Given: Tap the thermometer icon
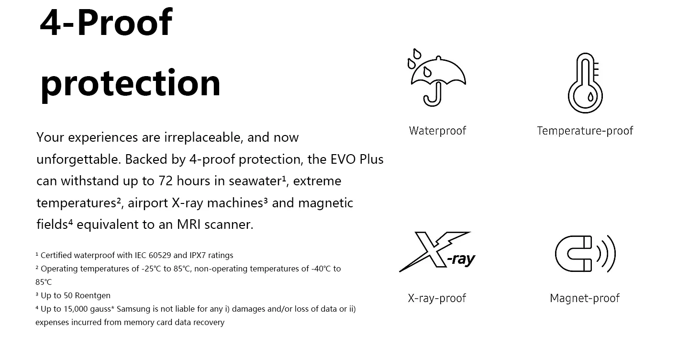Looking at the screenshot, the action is (x=585, y=83).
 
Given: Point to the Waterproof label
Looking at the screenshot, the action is (x=437, y=131).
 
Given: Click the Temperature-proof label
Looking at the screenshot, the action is (x=585, y=131).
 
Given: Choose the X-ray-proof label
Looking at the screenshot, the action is (x=437, y=298).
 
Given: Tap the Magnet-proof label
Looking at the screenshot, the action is (x=585, y=298).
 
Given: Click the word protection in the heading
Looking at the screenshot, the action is (x=131, y=84).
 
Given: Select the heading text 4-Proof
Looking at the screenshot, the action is (x=106, y=22).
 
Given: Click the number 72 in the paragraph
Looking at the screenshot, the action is (x=166, y=181).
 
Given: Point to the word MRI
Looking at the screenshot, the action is (x=189, y=225).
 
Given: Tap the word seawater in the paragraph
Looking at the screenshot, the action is (x=256, y=181).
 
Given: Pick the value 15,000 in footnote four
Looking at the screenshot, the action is (x=76, y=309).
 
